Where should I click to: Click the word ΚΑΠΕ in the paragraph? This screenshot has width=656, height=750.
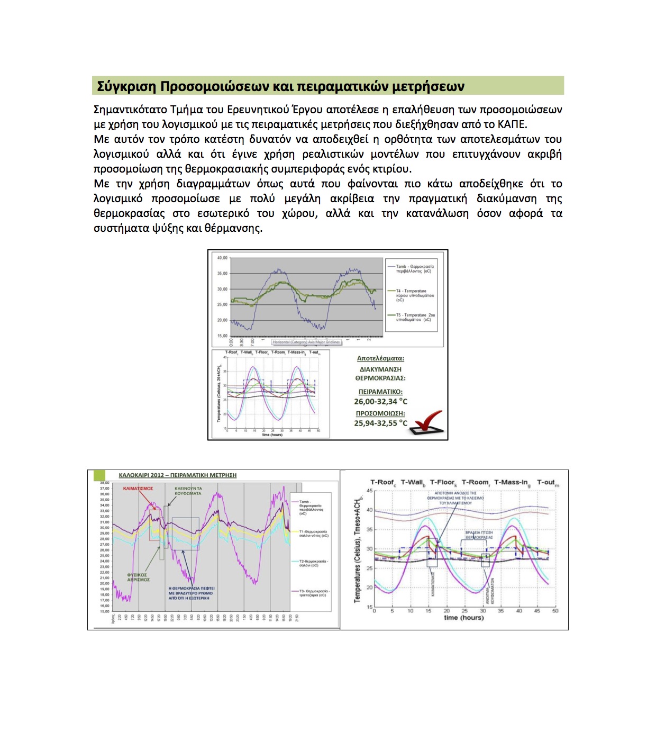tap(512, 124)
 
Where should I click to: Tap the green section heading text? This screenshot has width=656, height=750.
tap(280, 86)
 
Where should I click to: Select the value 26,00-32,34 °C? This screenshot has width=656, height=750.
tap(380, 402)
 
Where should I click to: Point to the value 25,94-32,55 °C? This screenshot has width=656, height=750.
tap(380, 423)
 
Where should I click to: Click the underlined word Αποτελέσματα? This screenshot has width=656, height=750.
tap(380, 358)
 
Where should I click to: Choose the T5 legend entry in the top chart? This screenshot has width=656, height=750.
tap(415, 317)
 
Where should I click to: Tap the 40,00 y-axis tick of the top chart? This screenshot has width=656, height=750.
tap(222, 258)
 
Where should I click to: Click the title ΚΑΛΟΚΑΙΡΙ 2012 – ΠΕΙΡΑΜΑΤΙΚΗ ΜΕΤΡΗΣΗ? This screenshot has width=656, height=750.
tap(177, 475)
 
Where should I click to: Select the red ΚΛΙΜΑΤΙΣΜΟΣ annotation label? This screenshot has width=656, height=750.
tap(138, 489)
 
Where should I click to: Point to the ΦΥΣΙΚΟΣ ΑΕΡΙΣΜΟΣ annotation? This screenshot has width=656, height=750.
tap(138, 577)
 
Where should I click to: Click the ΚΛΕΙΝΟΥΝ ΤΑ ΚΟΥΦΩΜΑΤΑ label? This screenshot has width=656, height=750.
tap(188, 491)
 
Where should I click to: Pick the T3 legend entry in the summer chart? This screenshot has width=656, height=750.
tap(314, 593)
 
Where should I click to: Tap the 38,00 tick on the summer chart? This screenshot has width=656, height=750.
tap(104, 483)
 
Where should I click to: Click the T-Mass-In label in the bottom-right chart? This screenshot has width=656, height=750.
tap(512, 482)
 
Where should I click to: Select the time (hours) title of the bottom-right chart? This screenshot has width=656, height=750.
tap(464, 618)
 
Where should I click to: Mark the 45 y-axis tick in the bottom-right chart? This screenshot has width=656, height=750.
tap(369, 491)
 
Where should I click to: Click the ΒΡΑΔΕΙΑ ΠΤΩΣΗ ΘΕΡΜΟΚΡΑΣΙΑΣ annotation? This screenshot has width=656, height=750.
tap(479, 535)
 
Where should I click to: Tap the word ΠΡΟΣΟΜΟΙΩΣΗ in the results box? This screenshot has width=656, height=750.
tap(380, 413)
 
